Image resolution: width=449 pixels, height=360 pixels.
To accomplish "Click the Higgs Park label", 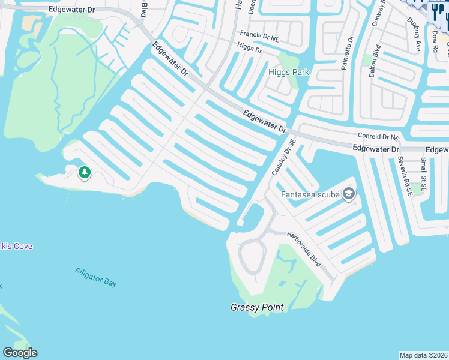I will pyautogui.click(x=288, y=72).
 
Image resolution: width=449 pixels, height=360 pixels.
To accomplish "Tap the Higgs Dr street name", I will pyautogui.click(x=250, y=47).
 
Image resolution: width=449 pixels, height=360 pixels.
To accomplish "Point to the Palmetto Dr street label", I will pyautogui.click(x=348, y=53).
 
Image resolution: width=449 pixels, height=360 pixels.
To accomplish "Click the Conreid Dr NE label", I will pyautogui.click(x=378, y=137).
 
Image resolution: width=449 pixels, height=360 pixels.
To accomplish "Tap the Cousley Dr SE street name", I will pyautogui.click(x=284, y=158).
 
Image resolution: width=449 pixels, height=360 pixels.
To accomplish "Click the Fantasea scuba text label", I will pyautogui.click(x=310, y=194).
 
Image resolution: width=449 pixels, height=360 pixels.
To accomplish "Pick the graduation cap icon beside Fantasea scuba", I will pyautogui.click(x=349, y=194).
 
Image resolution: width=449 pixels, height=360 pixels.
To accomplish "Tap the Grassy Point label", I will pyautogui.click(x=257, y=307).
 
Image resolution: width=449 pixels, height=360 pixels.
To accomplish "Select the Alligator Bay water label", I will pyautogui.click(x=96, y=277).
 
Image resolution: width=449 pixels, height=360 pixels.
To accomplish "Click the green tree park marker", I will pyautogui.click(x=85, y=173).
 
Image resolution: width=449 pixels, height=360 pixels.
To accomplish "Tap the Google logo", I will pyautogui.click(x=20, y=353).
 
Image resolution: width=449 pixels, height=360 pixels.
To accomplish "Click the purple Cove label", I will pyautogui.click(x=16, y=247).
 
